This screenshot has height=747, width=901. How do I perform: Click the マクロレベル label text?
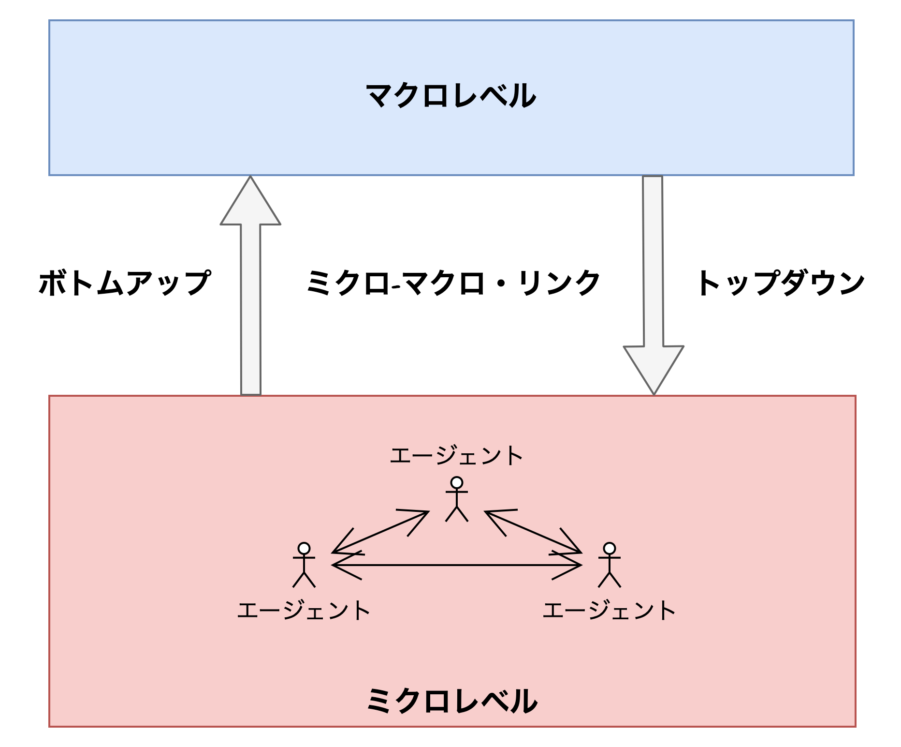click(450, 96)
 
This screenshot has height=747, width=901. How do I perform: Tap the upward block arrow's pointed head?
click(250, 203)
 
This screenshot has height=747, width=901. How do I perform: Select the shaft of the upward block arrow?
click(250, 310)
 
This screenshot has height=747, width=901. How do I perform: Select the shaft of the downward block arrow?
click(653, 261)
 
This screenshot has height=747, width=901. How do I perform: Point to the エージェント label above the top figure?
click(456, 456)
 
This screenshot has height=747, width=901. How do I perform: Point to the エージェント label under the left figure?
click(304, 611)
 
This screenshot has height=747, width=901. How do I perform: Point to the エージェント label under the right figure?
click(609, 611)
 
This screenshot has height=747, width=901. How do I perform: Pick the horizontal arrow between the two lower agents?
click(456, 565)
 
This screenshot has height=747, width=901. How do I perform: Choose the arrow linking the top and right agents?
click(533, 532)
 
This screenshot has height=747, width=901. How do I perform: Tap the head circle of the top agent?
click(456, 483)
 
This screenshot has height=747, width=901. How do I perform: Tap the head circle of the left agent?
click(304, 548)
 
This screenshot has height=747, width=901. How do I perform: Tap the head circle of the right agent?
click(610, 548)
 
